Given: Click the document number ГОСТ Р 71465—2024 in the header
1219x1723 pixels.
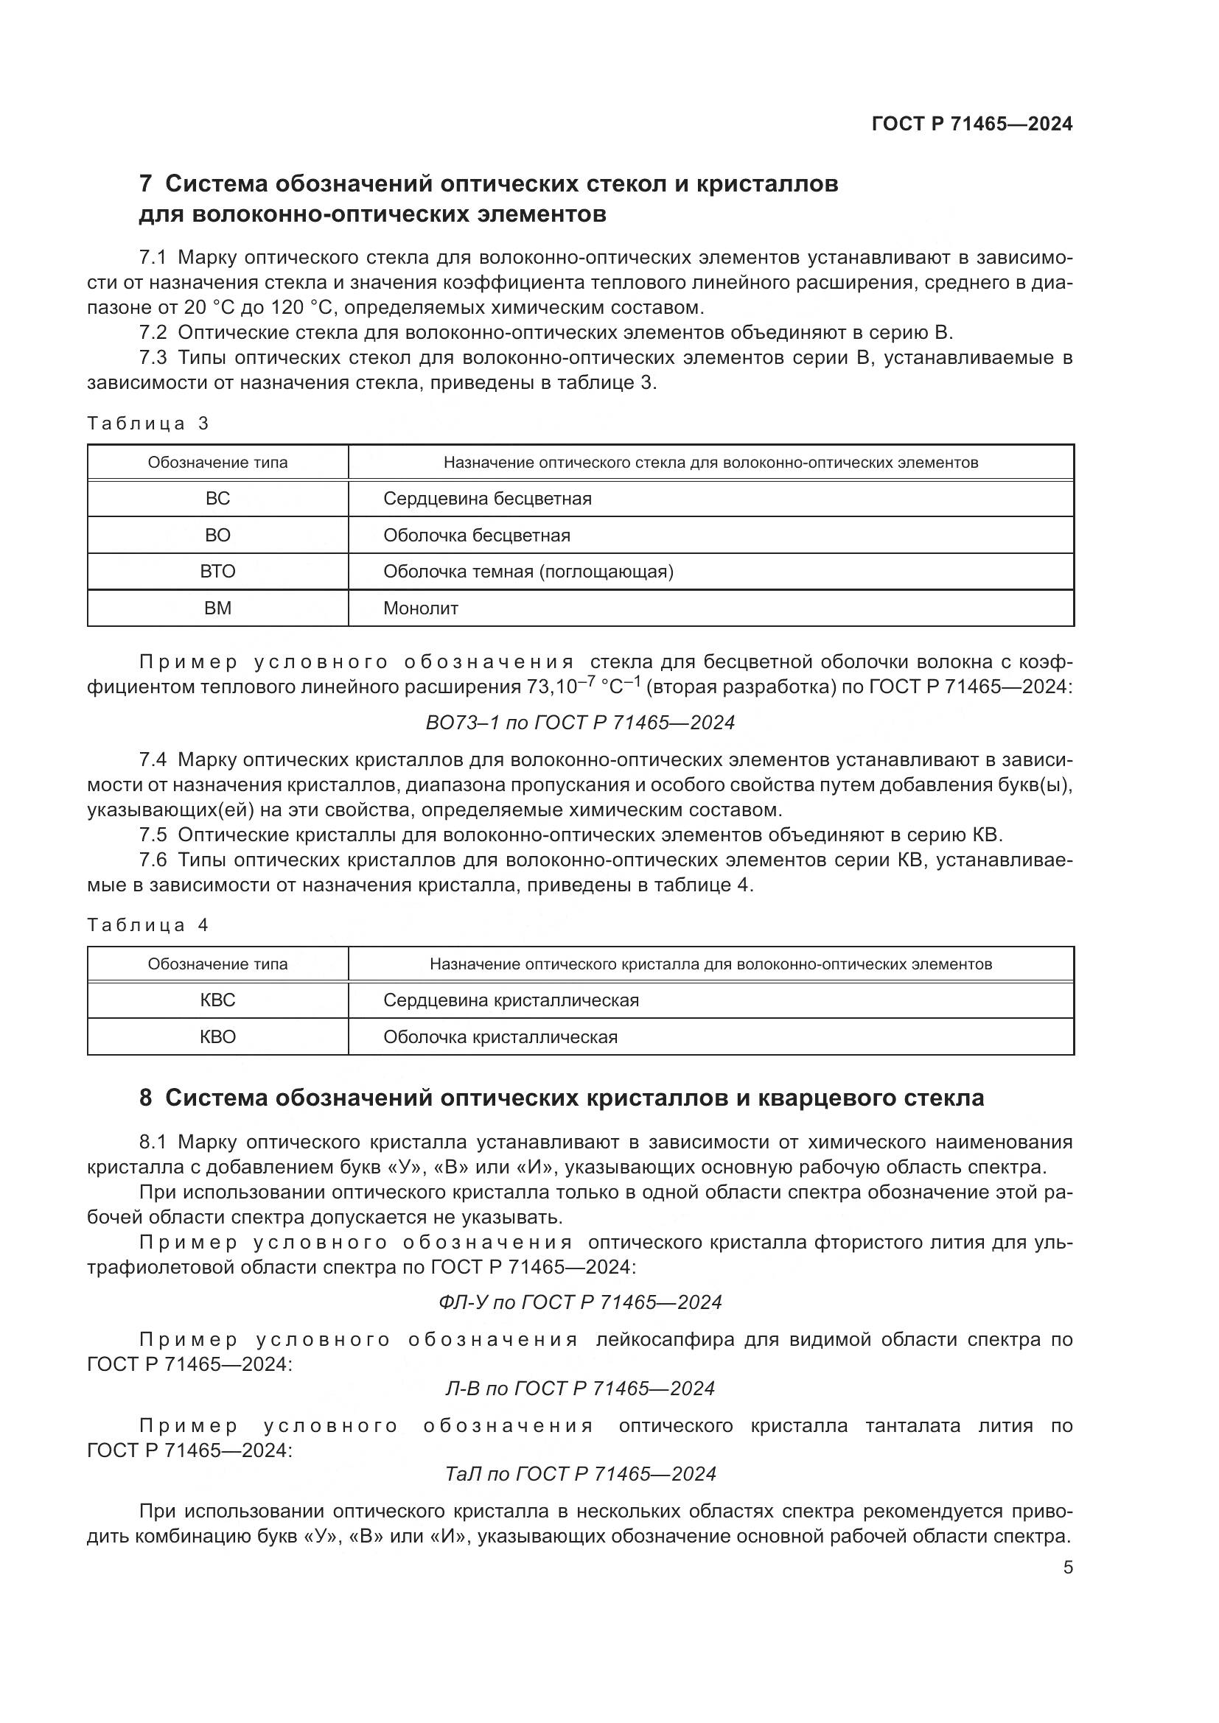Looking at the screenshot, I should (x=972, y=124).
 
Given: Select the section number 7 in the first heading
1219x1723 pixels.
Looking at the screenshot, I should (x=146, y=184).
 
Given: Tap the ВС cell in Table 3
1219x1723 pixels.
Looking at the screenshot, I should (x=217, y=499).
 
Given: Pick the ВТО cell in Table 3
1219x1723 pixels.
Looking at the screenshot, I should (x=217, y=572).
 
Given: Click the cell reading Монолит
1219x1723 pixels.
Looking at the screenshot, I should (x=420, y=608).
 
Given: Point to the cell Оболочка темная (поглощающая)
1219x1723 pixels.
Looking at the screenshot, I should (x=528, y=572).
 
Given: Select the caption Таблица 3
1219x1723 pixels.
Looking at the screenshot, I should (x=148, y=424).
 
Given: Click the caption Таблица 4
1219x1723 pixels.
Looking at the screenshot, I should (x=148, y=925).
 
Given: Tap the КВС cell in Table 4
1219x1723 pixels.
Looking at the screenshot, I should (x=217, y=1000).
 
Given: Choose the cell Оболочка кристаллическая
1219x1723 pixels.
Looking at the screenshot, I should (x=500, y=1037).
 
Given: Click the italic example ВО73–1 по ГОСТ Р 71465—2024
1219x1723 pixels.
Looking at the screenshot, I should (x=579, y=723).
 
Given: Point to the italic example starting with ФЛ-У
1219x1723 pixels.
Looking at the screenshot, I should (x=579, y=1302).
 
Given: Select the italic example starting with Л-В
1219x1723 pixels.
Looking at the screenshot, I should (x=579, y=1389).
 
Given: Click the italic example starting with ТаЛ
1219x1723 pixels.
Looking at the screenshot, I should (x=579, y=1474).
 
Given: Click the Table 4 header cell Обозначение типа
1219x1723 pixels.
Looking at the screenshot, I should (x=217, y=964).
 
